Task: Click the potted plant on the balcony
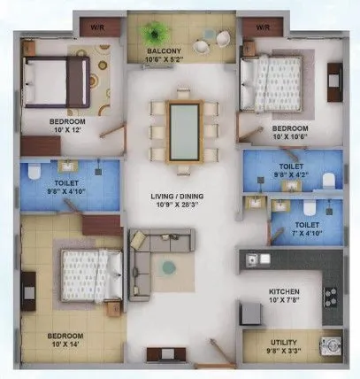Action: point(156,34)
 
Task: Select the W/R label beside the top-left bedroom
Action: point(97,27)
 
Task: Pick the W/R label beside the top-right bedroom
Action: point(262,27)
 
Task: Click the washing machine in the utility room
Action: point(329,346)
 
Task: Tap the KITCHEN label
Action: point(285,291)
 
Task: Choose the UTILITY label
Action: point(285,341)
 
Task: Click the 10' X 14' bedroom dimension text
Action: point(65,346)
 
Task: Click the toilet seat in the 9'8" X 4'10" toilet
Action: point(32,171)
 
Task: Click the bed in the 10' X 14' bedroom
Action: point(88,270)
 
